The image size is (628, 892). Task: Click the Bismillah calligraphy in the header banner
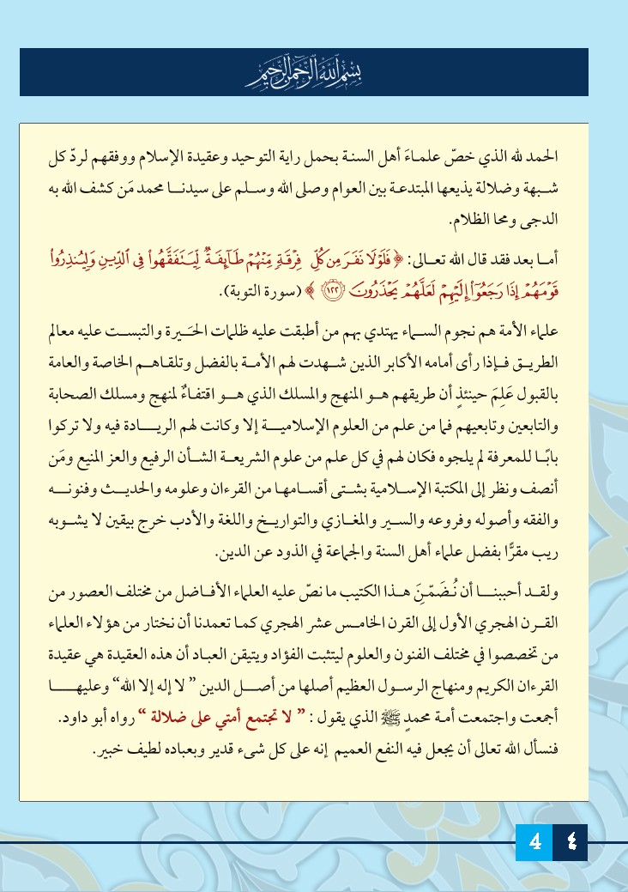(315, 73)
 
